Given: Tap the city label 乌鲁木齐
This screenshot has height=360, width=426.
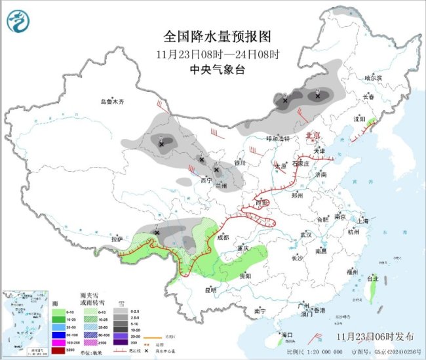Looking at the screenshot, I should click(x=112, y=102).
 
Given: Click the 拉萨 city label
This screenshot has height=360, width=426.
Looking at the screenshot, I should click(x=117, y=239).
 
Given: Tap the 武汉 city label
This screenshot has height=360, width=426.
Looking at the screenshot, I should click(x=305, y=234).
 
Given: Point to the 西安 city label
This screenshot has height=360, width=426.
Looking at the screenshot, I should click(x=262, y=203).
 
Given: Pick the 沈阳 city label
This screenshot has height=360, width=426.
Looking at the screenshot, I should click(x=358, y=119).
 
